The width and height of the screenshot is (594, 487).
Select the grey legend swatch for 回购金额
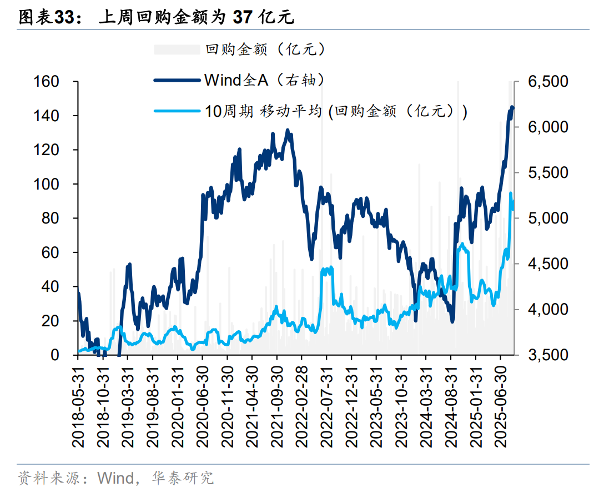[176, 49]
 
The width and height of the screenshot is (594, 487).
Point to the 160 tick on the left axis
[47, 82]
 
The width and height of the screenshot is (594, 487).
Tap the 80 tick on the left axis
[51, 218]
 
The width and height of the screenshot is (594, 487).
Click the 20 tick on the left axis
[51, 321]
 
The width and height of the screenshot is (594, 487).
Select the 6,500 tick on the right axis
[548, 82]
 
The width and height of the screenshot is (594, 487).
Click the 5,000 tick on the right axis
[548, 218]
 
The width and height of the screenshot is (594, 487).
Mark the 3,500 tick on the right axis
[548, 355]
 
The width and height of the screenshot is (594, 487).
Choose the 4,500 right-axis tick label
[548, 264]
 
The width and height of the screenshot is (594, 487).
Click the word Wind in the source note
[115, 478]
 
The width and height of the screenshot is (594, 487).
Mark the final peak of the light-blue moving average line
[510, 193]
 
